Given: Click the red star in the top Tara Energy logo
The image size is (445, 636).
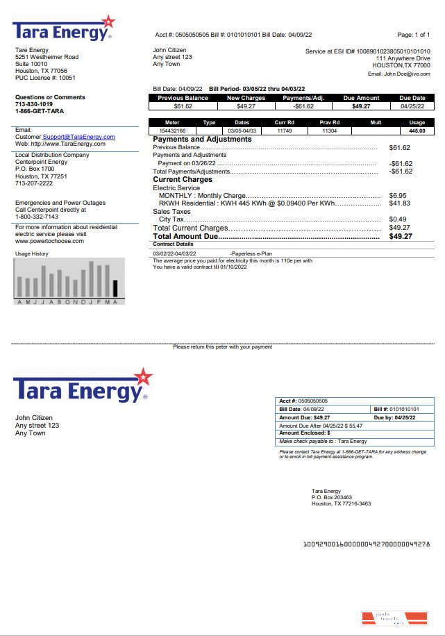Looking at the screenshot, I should (108, 23).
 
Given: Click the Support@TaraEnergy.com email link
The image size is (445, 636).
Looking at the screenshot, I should (78, 137).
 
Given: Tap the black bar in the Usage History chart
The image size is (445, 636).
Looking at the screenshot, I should (115, 289).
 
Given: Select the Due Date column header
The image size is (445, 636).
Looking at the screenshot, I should (412, 99).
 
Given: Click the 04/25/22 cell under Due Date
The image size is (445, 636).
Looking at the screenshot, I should (412, 107).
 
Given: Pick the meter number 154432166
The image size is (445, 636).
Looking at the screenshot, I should (172, 131).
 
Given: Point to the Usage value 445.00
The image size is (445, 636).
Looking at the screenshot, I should (417, 131).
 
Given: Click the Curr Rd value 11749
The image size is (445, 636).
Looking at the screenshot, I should (284, 131).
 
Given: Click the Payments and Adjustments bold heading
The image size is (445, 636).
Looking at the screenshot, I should (202, 140).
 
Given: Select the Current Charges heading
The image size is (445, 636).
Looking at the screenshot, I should (182, 180).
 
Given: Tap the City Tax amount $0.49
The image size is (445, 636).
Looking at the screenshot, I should (397, 219).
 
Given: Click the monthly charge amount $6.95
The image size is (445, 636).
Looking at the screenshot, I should (397, 196).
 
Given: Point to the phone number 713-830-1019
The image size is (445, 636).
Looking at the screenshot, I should (34, 104).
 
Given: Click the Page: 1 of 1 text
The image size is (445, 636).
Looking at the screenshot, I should (413, 35).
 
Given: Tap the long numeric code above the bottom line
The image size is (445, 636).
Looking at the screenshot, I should (366, 544).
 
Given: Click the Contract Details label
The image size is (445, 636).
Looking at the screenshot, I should (173, 244).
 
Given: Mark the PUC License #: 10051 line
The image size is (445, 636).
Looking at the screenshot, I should (45, 78).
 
